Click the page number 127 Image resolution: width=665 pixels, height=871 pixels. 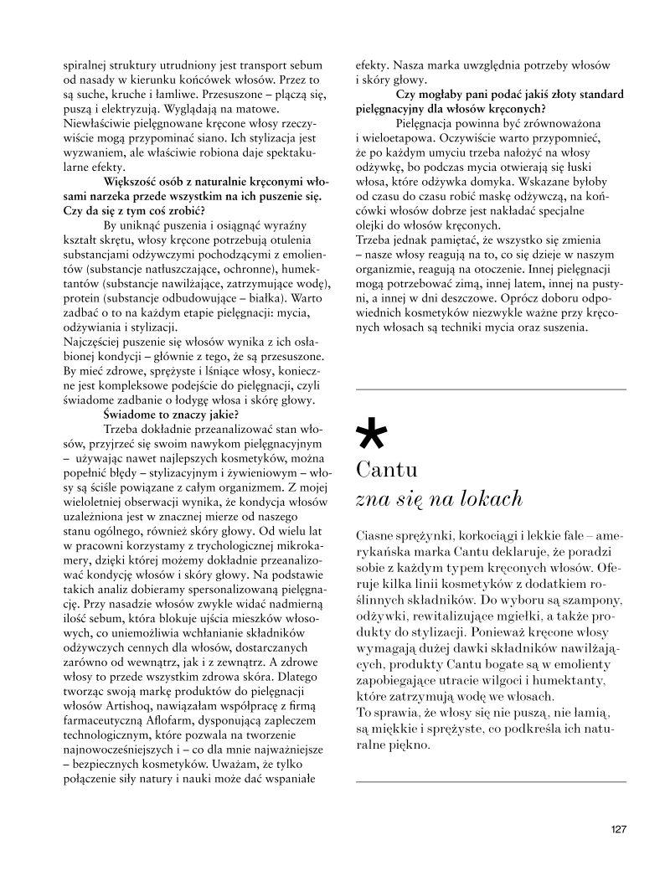(x=618, y=830)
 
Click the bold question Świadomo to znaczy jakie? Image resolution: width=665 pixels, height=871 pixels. (x=171, y=413)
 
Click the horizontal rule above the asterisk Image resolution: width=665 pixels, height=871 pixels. (x=491, y=389)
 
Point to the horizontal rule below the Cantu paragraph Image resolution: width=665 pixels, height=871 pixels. (x=491, y=781)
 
